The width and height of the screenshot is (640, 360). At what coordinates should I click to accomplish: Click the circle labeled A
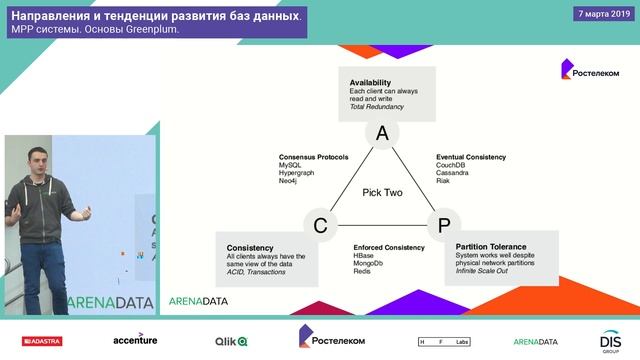[x=381, y=134]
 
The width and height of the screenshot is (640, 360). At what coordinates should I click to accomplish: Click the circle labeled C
[x=320, y=226]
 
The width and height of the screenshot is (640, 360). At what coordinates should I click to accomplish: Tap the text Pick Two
[x=382, y=192]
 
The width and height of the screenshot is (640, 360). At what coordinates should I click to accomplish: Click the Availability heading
[x=370, y=82]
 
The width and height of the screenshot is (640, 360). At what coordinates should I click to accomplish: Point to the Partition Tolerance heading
[x=491, y=245]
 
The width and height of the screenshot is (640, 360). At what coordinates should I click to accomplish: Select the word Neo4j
[x=289, y=181]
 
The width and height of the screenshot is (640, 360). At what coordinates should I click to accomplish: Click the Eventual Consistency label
[x=471, y=157]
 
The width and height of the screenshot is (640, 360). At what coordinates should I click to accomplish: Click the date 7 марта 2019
[x=603, y=14]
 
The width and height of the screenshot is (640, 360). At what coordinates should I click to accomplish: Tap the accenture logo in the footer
[x=135, y=340]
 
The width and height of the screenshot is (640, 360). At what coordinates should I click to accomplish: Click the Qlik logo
[x=229, y=341]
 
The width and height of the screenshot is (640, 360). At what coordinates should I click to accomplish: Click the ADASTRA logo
[x=34, y=341]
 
